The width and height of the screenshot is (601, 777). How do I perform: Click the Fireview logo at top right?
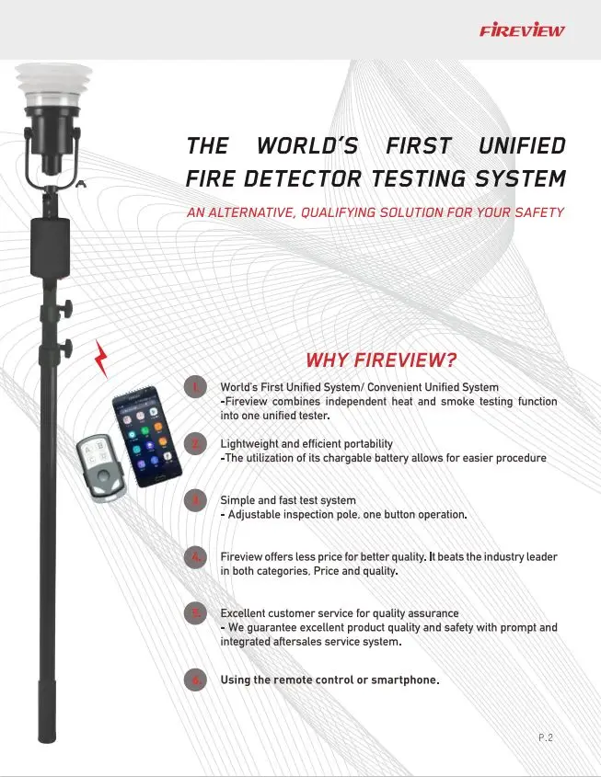point(523,30)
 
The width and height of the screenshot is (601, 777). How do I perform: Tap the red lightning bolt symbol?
point(102,358)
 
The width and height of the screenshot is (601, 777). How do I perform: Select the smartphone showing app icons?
point(145,436)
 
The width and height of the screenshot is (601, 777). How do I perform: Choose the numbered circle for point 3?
point(194,500)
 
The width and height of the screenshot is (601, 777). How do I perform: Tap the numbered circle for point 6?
point(194,680)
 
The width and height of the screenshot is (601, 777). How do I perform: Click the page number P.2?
point(546,737)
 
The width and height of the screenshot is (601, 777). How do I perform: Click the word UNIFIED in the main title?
point(522,146)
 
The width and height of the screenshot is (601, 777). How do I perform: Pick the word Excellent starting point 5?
point(246,612)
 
